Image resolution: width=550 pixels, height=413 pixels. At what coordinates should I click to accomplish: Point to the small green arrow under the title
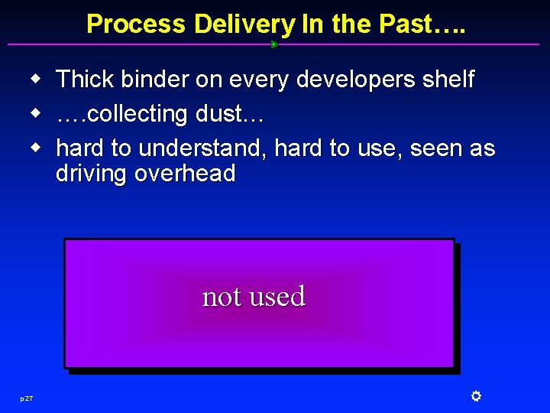click(x=274, y=44)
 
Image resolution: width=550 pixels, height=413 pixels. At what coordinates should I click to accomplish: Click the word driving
click(x=92, y=174)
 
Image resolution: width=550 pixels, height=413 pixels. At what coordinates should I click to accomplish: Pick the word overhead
click(x=185, y=174)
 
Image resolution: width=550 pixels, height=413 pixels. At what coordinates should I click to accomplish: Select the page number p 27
click(x=27, y=398)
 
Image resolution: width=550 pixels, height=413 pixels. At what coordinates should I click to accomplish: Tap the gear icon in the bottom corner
click(x=475, y=396)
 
